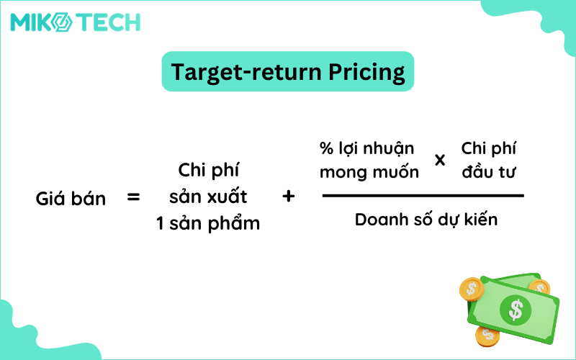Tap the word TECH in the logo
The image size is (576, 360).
click(108, 22)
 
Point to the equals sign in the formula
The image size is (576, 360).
click(133, 197)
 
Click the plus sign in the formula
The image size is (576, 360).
click(289, 196)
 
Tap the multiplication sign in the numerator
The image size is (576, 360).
click(440, 160)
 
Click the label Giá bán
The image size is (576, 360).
click(71, 198)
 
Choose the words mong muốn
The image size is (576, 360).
click(369, 173)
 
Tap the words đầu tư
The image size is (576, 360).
click(490, 173)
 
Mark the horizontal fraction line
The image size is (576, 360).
click(423, 195)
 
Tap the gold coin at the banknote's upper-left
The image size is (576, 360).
click(472, 289)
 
